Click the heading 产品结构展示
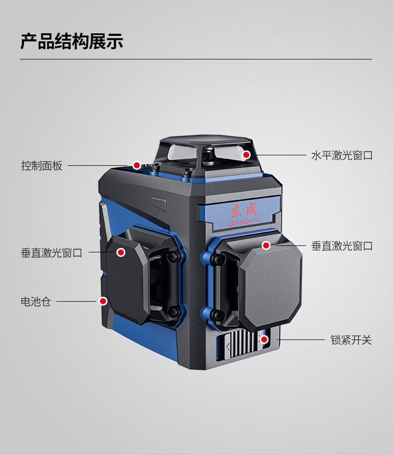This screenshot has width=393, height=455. [72, 42]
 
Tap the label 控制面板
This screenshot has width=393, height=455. [42, 166]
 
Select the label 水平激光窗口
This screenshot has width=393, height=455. [342, 155]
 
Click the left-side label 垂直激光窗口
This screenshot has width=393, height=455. [51, 253]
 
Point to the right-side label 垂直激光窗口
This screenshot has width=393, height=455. [342, 246]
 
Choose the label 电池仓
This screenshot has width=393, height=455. [36, 301]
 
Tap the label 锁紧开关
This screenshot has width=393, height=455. [351, 341]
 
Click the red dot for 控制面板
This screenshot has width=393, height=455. [136, 165]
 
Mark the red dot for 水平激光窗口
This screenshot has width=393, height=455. [246, 155]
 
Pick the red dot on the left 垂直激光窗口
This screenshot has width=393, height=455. [120, 252]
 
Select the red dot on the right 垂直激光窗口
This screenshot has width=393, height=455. [266, 245]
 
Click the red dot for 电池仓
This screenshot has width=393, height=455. [103, 301]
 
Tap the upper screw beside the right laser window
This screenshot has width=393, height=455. [217, 257]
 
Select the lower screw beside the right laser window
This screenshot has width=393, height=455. [217, 314]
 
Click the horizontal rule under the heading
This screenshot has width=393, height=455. [196, 59]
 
